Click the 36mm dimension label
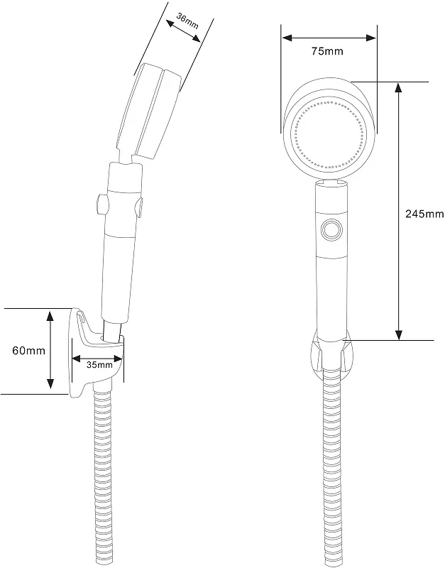tap(187, 21)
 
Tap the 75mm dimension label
tap(327, 51)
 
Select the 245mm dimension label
tap(424, 214)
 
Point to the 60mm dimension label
tap(28, 351)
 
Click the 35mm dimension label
tap(99, 365)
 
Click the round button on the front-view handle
tap(331, 230)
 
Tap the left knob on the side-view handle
tap(102, 204)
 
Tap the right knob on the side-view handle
tap(139, 207)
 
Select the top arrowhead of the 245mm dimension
tap(399, 88)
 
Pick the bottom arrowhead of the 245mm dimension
tap(399, 334)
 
